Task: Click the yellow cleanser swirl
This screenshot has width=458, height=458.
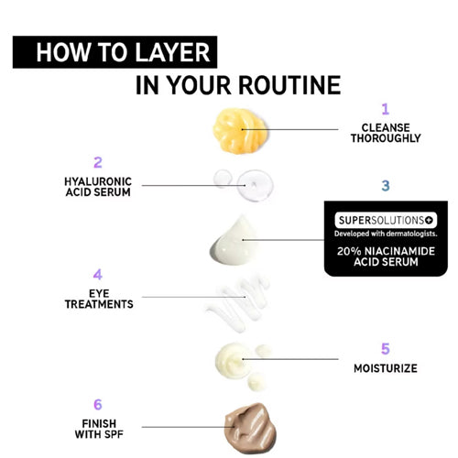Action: (240, 131)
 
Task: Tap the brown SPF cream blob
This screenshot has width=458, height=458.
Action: (250, 428)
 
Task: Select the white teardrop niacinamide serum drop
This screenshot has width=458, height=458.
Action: (234, 241)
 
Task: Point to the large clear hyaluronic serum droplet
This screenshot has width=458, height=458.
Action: (255, 185)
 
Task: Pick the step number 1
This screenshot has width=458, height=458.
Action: (386, 109)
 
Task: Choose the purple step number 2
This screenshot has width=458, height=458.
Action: (98, 162)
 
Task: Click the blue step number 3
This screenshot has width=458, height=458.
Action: (386, 185)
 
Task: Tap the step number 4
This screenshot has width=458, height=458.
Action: (98, 275)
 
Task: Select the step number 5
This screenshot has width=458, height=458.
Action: (386, 349)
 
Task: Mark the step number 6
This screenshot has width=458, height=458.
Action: (98, 405)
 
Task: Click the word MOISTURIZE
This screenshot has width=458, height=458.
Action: (386, 368)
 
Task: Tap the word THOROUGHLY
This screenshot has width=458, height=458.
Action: (386, 138)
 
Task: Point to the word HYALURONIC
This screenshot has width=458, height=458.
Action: (98, 181)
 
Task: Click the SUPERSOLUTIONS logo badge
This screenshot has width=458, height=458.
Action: (386, 220)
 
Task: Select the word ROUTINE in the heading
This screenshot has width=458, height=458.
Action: (289, 85)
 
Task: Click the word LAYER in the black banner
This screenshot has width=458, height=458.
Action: (172, 52)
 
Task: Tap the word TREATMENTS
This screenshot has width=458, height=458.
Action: (99, 304)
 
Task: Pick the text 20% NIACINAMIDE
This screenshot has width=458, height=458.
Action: (386, 251)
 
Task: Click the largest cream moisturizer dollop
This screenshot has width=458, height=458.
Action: (233, 360)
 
